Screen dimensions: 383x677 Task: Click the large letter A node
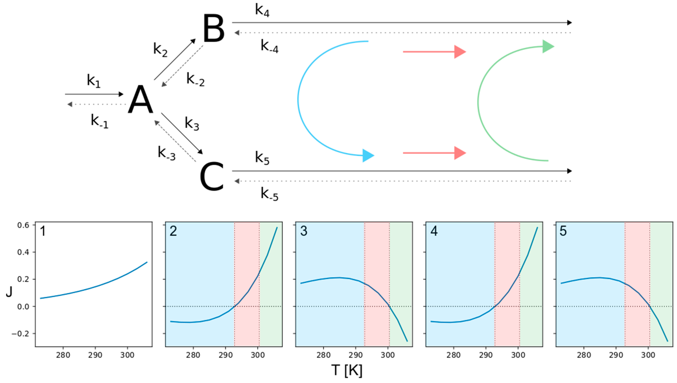point(140,100)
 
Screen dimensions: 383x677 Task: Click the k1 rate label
point(94,81)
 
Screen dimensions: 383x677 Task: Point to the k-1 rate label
point(99,121)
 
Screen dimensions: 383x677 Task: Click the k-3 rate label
point(166,153)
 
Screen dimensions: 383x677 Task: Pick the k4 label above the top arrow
point(262,11)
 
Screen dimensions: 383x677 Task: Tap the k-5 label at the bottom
point(269,194)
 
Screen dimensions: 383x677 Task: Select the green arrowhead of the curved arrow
point(548,46)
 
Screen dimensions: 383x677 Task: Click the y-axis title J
point(9,292)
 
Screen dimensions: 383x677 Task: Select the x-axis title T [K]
point(347,371)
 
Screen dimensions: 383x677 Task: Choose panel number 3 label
point(304,231)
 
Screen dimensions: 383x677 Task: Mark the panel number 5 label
point(563,231)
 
